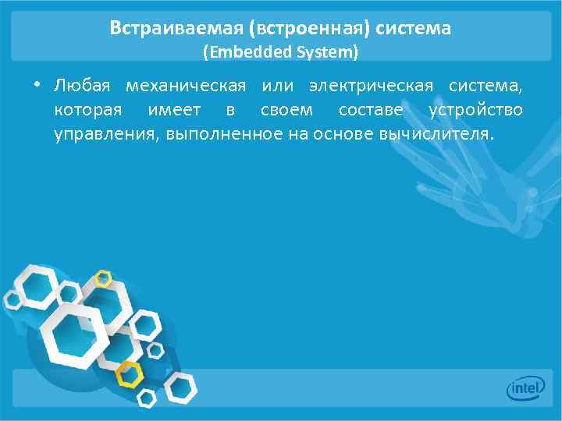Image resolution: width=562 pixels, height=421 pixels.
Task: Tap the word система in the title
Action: click(413, 29)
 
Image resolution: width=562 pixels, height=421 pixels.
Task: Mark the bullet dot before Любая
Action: click(37, 84)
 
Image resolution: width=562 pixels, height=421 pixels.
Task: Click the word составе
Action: click(371, 109)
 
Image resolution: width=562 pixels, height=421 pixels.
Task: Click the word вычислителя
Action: click(436, 133)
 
